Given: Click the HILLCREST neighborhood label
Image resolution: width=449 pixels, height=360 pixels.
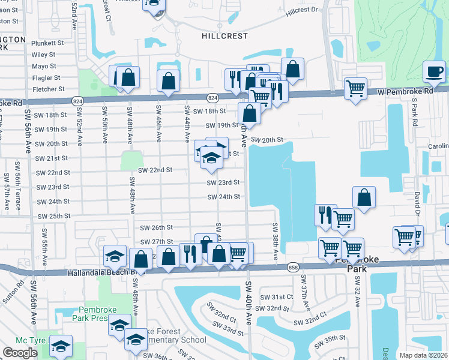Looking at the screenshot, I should click(224, 36).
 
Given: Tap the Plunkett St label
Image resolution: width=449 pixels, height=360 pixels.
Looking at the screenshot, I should click(47, 43).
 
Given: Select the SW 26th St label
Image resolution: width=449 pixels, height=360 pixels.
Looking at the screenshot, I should click(156, 228).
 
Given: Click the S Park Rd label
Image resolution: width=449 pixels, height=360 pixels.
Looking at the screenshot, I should click(414, 113).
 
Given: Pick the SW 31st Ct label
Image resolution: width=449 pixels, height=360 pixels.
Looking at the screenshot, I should click(276, 297).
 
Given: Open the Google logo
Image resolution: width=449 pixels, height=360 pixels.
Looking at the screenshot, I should click(20, 353).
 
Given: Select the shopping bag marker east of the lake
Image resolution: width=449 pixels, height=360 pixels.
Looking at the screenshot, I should click(364, 197).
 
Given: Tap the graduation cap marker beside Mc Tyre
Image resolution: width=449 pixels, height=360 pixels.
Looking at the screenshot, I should click(61, 347).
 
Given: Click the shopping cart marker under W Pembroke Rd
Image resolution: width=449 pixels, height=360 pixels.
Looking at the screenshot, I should click(356, 89).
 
